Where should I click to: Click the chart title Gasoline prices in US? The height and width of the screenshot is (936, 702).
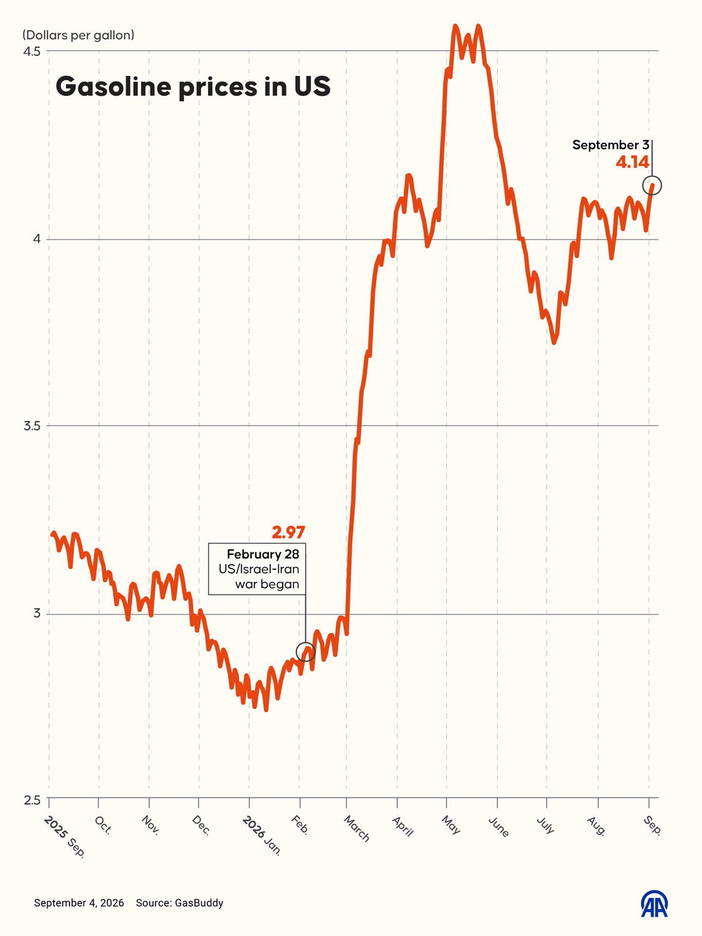[x=193, y=87]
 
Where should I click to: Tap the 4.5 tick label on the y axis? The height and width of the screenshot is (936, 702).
[x=31, y=51]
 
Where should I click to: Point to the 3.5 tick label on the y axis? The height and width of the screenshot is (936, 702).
[x=32, y=426]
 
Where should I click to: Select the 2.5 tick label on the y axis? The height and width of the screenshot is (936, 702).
[x=32, y=800]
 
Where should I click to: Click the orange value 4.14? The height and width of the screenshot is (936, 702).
[x=632, y=162]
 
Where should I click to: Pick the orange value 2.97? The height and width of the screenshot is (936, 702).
[x=288, y=533]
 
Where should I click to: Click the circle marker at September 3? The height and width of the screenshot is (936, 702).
[x=652, y=186]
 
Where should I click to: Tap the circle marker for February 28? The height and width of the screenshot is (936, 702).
[x=306, y=651]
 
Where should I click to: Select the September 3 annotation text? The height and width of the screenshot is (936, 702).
[x=610, y=145]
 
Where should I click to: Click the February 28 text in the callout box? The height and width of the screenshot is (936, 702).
[x=263, y=554]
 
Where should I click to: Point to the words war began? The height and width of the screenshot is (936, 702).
[x=267, y=584]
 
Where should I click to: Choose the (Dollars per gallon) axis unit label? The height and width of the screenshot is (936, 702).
[x=78, y=35]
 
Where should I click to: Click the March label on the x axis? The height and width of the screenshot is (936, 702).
[x=357, y=828]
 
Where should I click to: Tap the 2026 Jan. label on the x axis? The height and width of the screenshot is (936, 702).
[x=262, y=835]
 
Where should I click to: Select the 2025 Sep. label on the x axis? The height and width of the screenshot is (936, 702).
[x=65, y=836]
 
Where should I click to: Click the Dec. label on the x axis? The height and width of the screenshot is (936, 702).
[x=201, y=825]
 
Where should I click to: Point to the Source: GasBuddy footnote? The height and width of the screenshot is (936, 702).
[x=179, y=903]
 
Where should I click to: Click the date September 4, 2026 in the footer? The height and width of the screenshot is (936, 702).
[x=79, y=903]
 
